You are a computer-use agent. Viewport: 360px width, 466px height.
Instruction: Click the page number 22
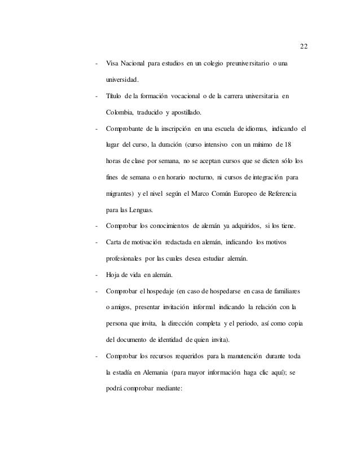pyautogui.click(x=303, y=46)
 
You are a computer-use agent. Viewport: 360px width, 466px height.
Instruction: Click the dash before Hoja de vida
pyautogui.click(x=98, y=276)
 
